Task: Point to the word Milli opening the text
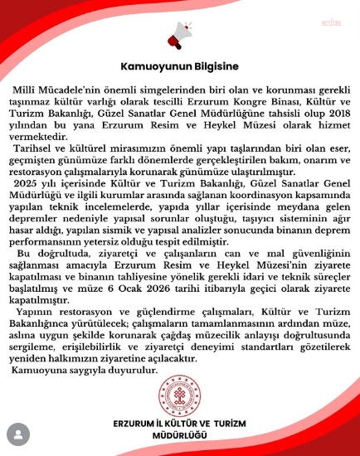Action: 27,87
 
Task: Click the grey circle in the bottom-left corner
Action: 16,433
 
